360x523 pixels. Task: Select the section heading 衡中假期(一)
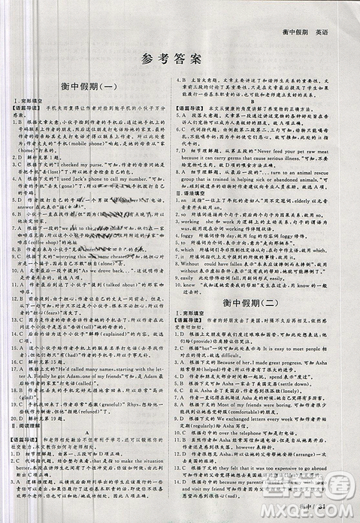(89, 88)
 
